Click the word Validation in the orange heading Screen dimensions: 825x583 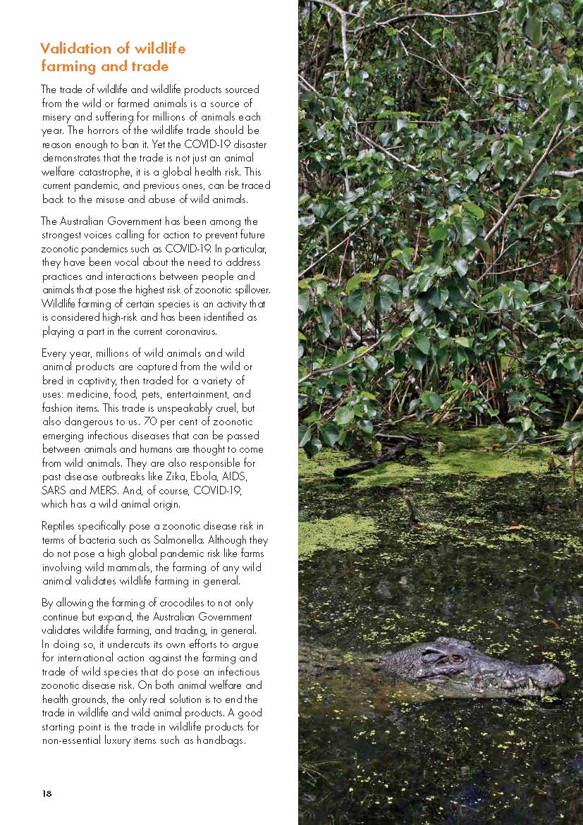coord(74,49)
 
